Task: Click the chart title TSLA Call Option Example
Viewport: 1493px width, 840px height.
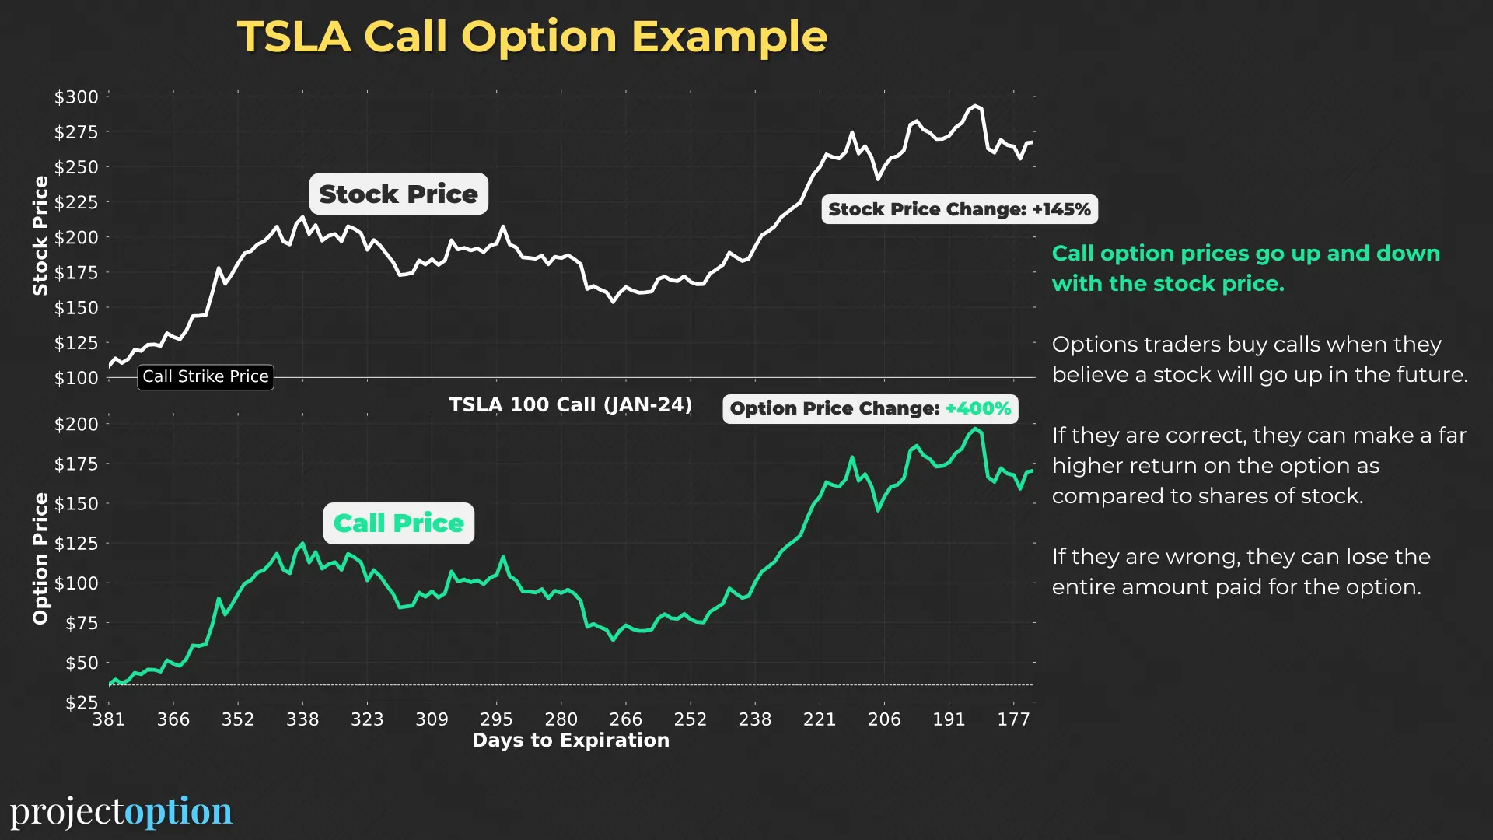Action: point(532,37)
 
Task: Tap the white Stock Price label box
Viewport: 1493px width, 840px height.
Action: point(398,194)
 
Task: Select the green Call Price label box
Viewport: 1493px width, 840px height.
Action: point(398,523)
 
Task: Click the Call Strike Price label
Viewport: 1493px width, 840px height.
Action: point(205,377)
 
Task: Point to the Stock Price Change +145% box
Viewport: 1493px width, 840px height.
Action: point(959,209)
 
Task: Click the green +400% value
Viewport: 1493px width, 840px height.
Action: point(978,409)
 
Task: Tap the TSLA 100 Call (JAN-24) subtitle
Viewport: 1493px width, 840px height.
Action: point(570,405)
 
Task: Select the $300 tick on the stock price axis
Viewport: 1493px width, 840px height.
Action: point(76,97)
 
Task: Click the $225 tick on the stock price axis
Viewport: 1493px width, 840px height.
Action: point(76,202)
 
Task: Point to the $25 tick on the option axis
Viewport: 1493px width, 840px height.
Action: point(82,702)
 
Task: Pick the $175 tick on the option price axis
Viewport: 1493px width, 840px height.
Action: point(76,464)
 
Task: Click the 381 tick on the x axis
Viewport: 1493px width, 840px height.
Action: point(109,719)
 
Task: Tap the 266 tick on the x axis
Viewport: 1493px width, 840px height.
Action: point(625,719)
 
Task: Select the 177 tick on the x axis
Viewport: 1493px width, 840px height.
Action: point(1013,719)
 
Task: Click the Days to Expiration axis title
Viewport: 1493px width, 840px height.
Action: point(570,740)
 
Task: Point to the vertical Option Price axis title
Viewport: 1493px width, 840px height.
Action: point(40,558)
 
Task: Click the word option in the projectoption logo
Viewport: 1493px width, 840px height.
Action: point(178,811)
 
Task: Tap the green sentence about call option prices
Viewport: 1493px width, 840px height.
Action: point(1245,268)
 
